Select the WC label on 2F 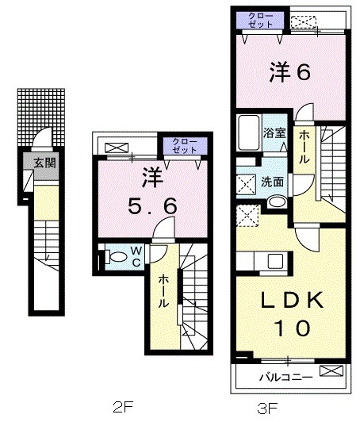click(x=136, y=255)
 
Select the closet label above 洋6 click(x=260, y=20)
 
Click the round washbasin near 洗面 click(x=274, y=201)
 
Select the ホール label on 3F click(x=304, y=148)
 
